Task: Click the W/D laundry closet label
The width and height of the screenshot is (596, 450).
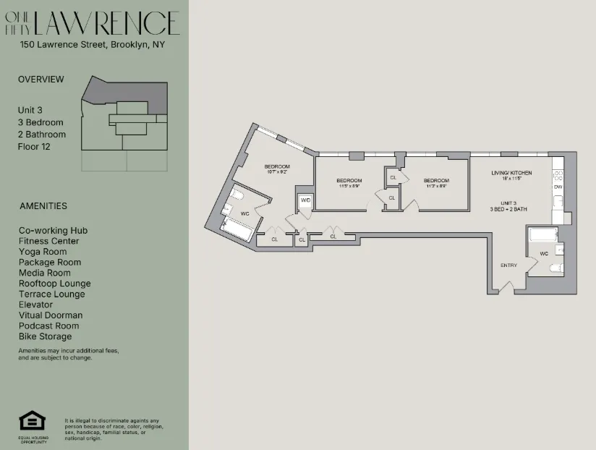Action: (305, 200)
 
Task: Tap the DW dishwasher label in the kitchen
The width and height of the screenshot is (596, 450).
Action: (558, 187)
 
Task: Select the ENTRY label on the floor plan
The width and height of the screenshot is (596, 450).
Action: (508, 266)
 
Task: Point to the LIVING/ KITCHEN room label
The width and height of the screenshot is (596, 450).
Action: (511, 173)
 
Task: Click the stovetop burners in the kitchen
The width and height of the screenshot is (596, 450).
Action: (558, 174)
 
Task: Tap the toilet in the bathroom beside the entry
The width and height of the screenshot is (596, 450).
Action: (556, 268)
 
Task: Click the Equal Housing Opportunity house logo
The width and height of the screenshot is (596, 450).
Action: (30, 421)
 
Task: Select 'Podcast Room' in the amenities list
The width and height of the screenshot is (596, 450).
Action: (49, 326)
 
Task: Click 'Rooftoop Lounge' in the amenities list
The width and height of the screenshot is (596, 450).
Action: (55, 284)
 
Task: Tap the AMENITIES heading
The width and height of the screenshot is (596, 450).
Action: (43, 205)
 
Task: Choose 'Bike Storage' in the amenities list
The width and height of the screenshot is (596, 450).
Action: (46, 336)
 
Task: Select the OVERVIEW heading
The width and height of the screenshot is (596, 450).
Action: (41, 79)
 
